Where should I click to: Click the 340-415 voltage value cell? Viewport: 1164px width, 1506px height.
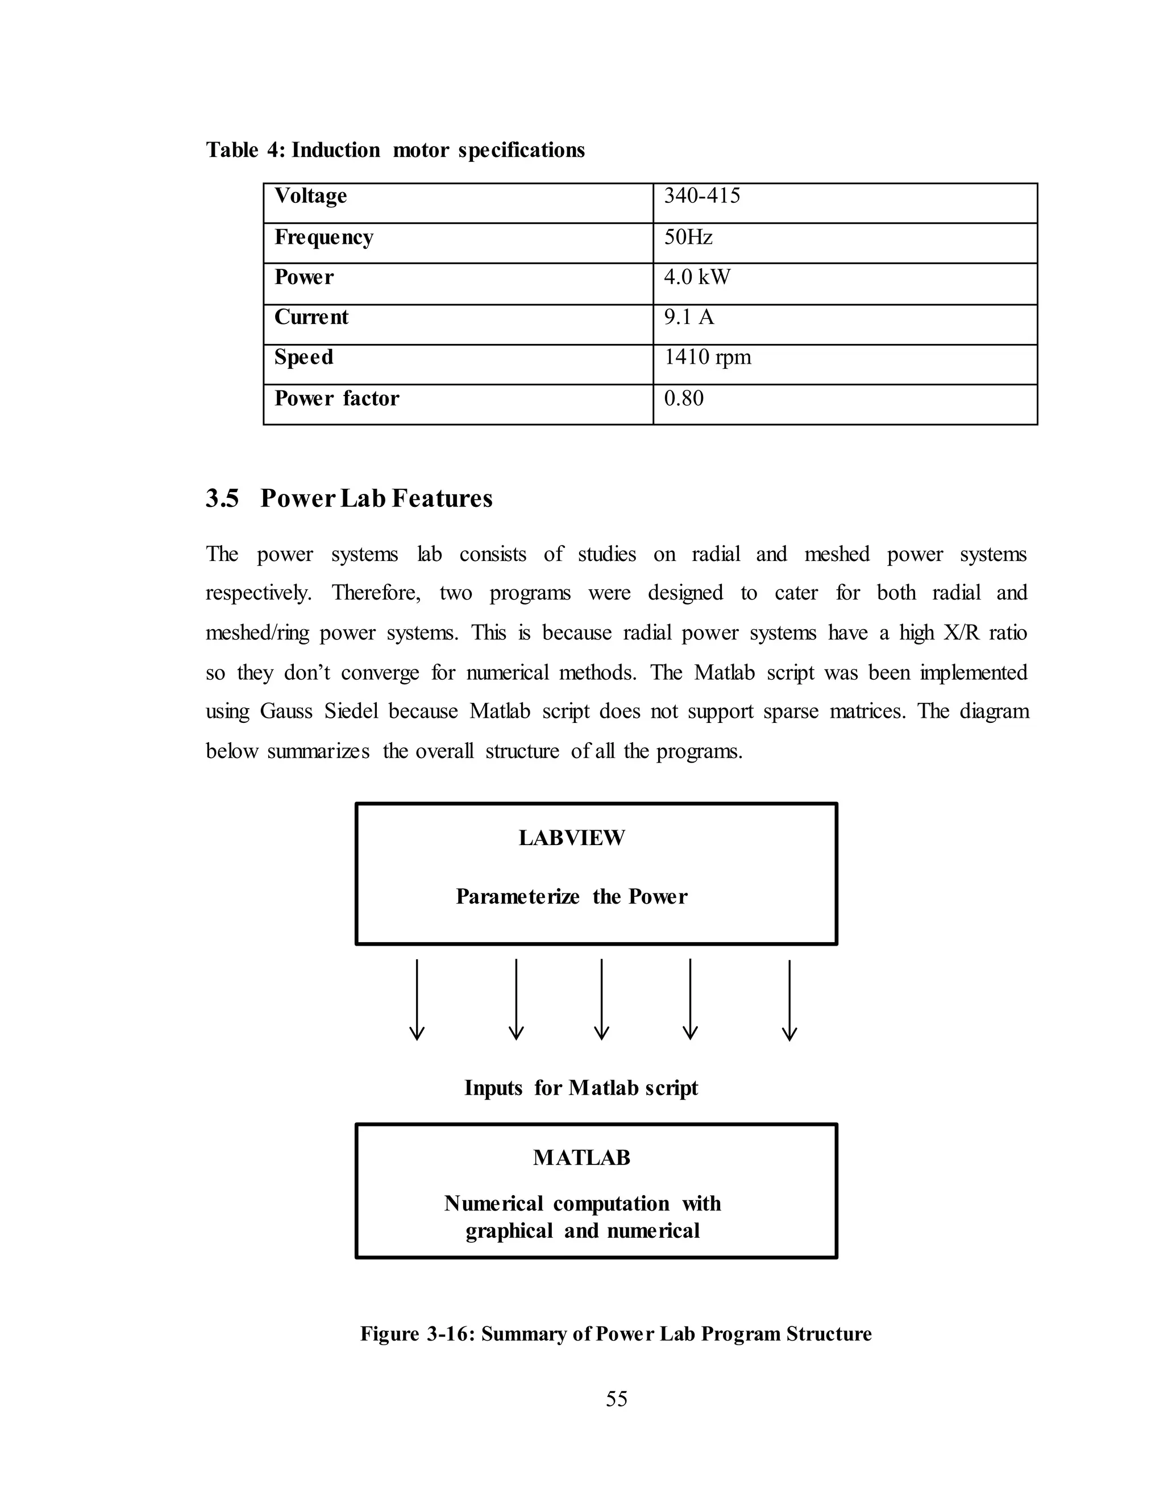[x=701, y=197]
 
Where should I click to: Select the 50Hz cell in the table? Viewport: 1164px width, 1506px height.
[x=688, y=238]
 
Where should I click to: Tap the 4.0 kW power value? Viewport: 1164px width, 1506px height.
[x=696, y=277]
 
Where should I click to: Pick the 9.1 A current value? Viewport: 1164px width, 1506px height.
[x=688, y=317]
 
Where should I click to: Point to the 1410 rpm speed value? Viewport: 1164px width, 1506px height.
[x=707, y=357]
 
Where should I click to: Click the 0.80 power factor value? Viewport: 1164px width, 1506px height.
[x=683, y=398]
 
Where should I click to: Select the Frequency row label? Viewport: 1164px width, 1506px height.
[x=323, y=238]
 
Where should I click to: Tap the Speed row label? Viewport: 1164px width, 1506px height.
[x=304, y=357]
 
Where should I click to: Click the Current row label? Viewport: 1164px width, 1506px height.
[x=311, y=317]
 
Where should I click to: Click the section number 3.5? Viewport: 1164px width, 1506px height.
[x=222, y=498]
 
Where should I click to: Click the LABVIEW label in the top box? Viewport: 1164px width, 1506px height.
[x=572, y=838]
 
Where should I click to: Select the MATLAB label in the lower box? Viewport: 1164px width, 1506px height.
[x=581, y=1158]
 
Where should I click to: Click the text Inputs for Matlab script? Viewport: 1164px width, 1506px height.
[x=581, y=1088]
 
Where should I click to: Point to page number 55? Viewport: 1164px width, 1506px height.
[x=617, y=1399]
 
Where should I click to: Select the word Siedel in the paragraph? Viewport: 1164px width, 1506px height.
[x=351, y=712]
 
